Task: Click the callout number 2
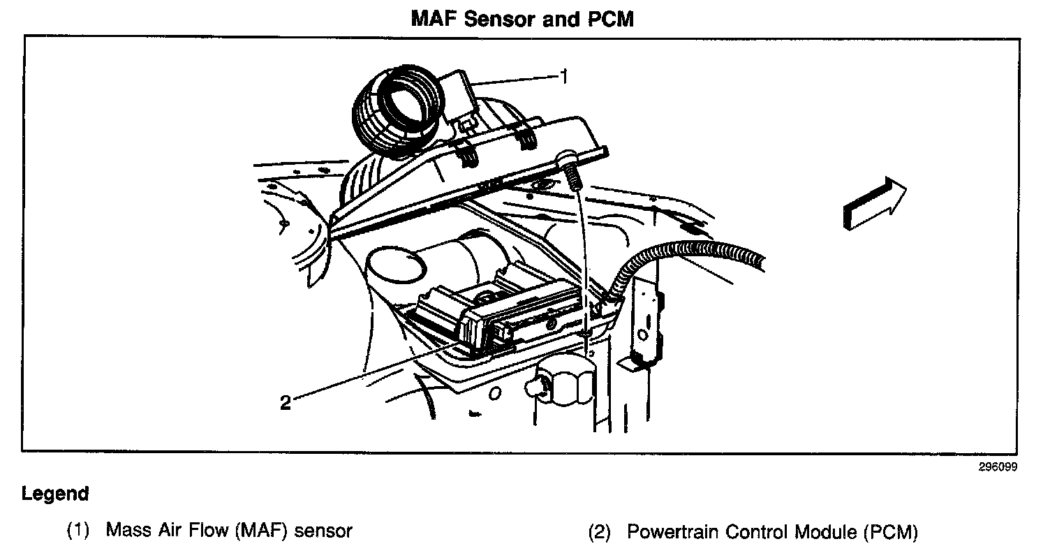pos(285,403)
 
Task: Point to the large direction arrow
pos(873,203)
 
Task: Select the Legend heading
pos(55,494)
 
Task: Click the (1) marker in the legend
pos(79,531)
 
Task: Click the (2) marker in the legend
pos(600,533)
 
